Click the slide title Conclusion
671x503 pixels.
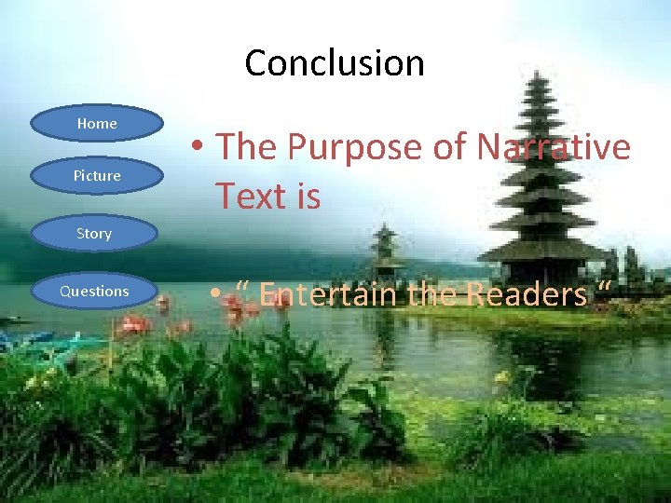tap(334, 63)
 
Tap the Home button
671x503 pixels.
tap(97, 124)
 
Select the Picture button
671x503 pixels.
tap(97, 175)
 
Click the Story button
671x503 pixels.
tap(94, 234)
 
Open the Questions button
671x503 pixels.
tap(94, 292)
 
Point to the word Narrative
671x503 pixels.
tap(554, 147)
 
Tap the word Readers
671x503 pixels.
tap(527, 295)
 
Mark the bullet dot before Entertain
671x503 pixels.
tap(215, 295)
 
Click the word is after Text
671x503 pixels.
tap(306, 196)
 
